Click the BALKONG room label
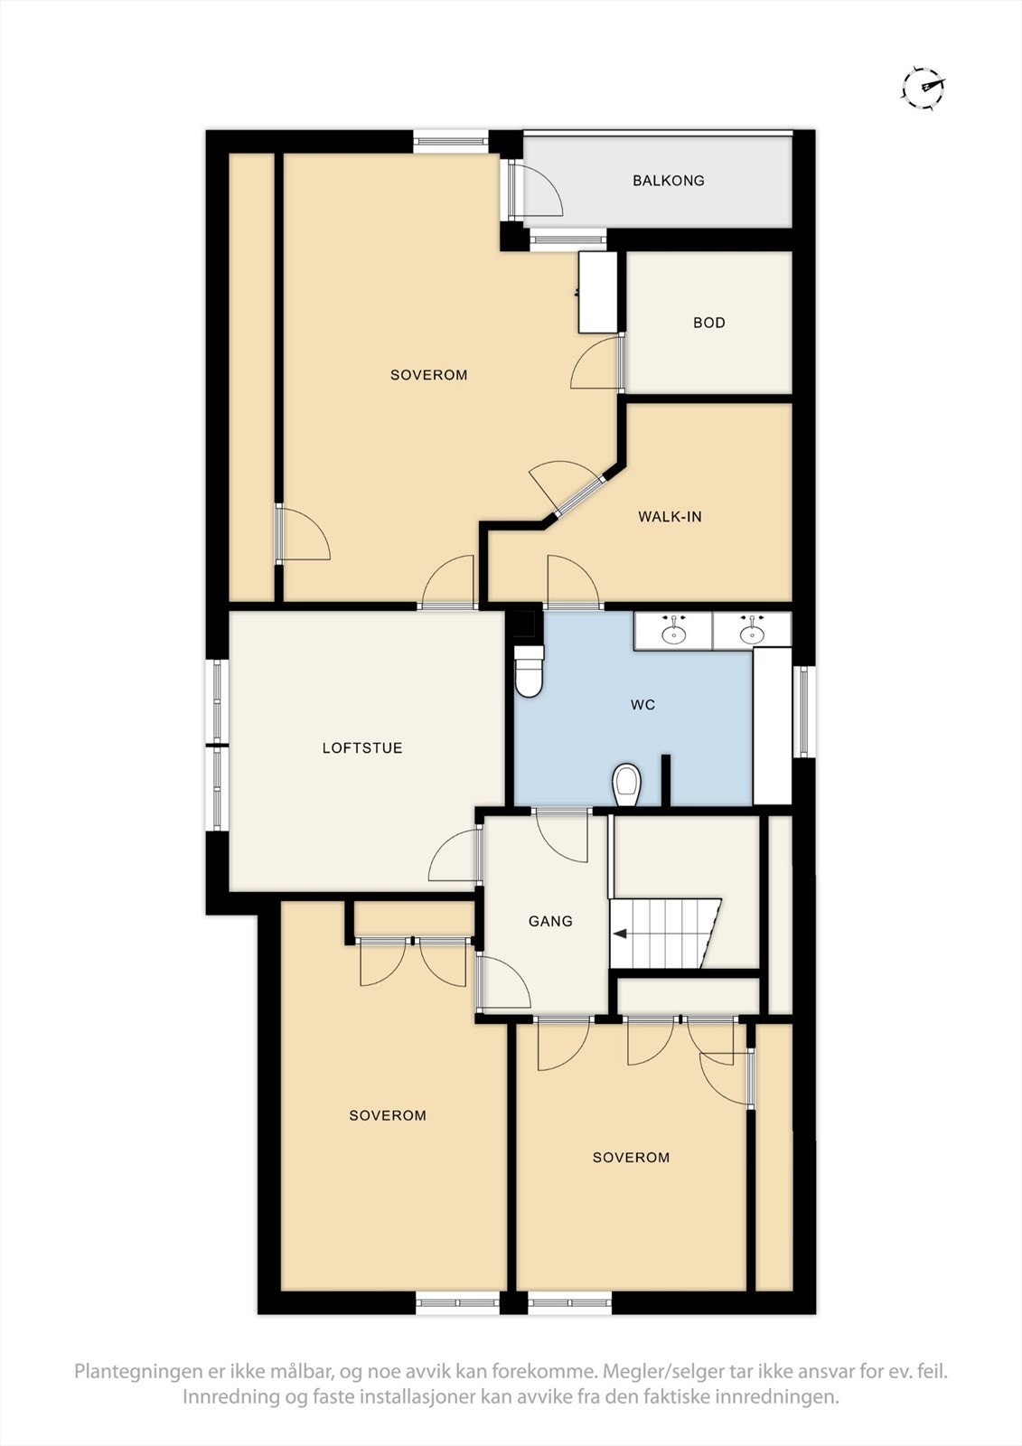pyautogui.click(x=668, y=181)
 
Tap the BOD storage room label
pyautogui.click(x=708, y=323)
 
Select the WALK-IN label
pyautogui.click(x=670, y=517)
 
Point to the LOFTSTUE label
pyautogui.click(x=362, y=748)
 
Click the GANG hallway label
pyautogui.click(x=550, y=922)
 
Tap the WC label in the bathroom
pyautogui.click(x=642, y=705)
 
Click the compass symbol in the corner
pyautogui.click(x=924, y=88)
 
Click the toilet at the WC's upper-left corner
pyautogui.click(x=528, y=672)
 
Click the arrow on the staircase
pyautogui.click(x=621, y=934)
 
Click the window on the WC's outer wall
pyautogui.click(x=802, y=711)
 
